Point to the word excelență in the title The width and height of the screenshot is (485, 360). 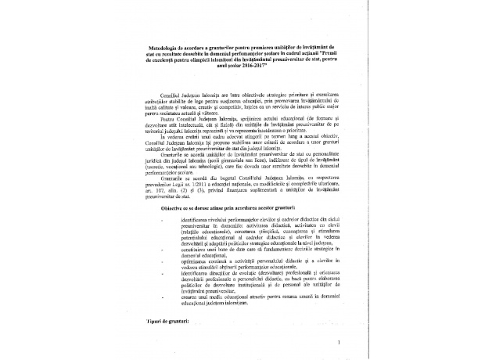point(153,59)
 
